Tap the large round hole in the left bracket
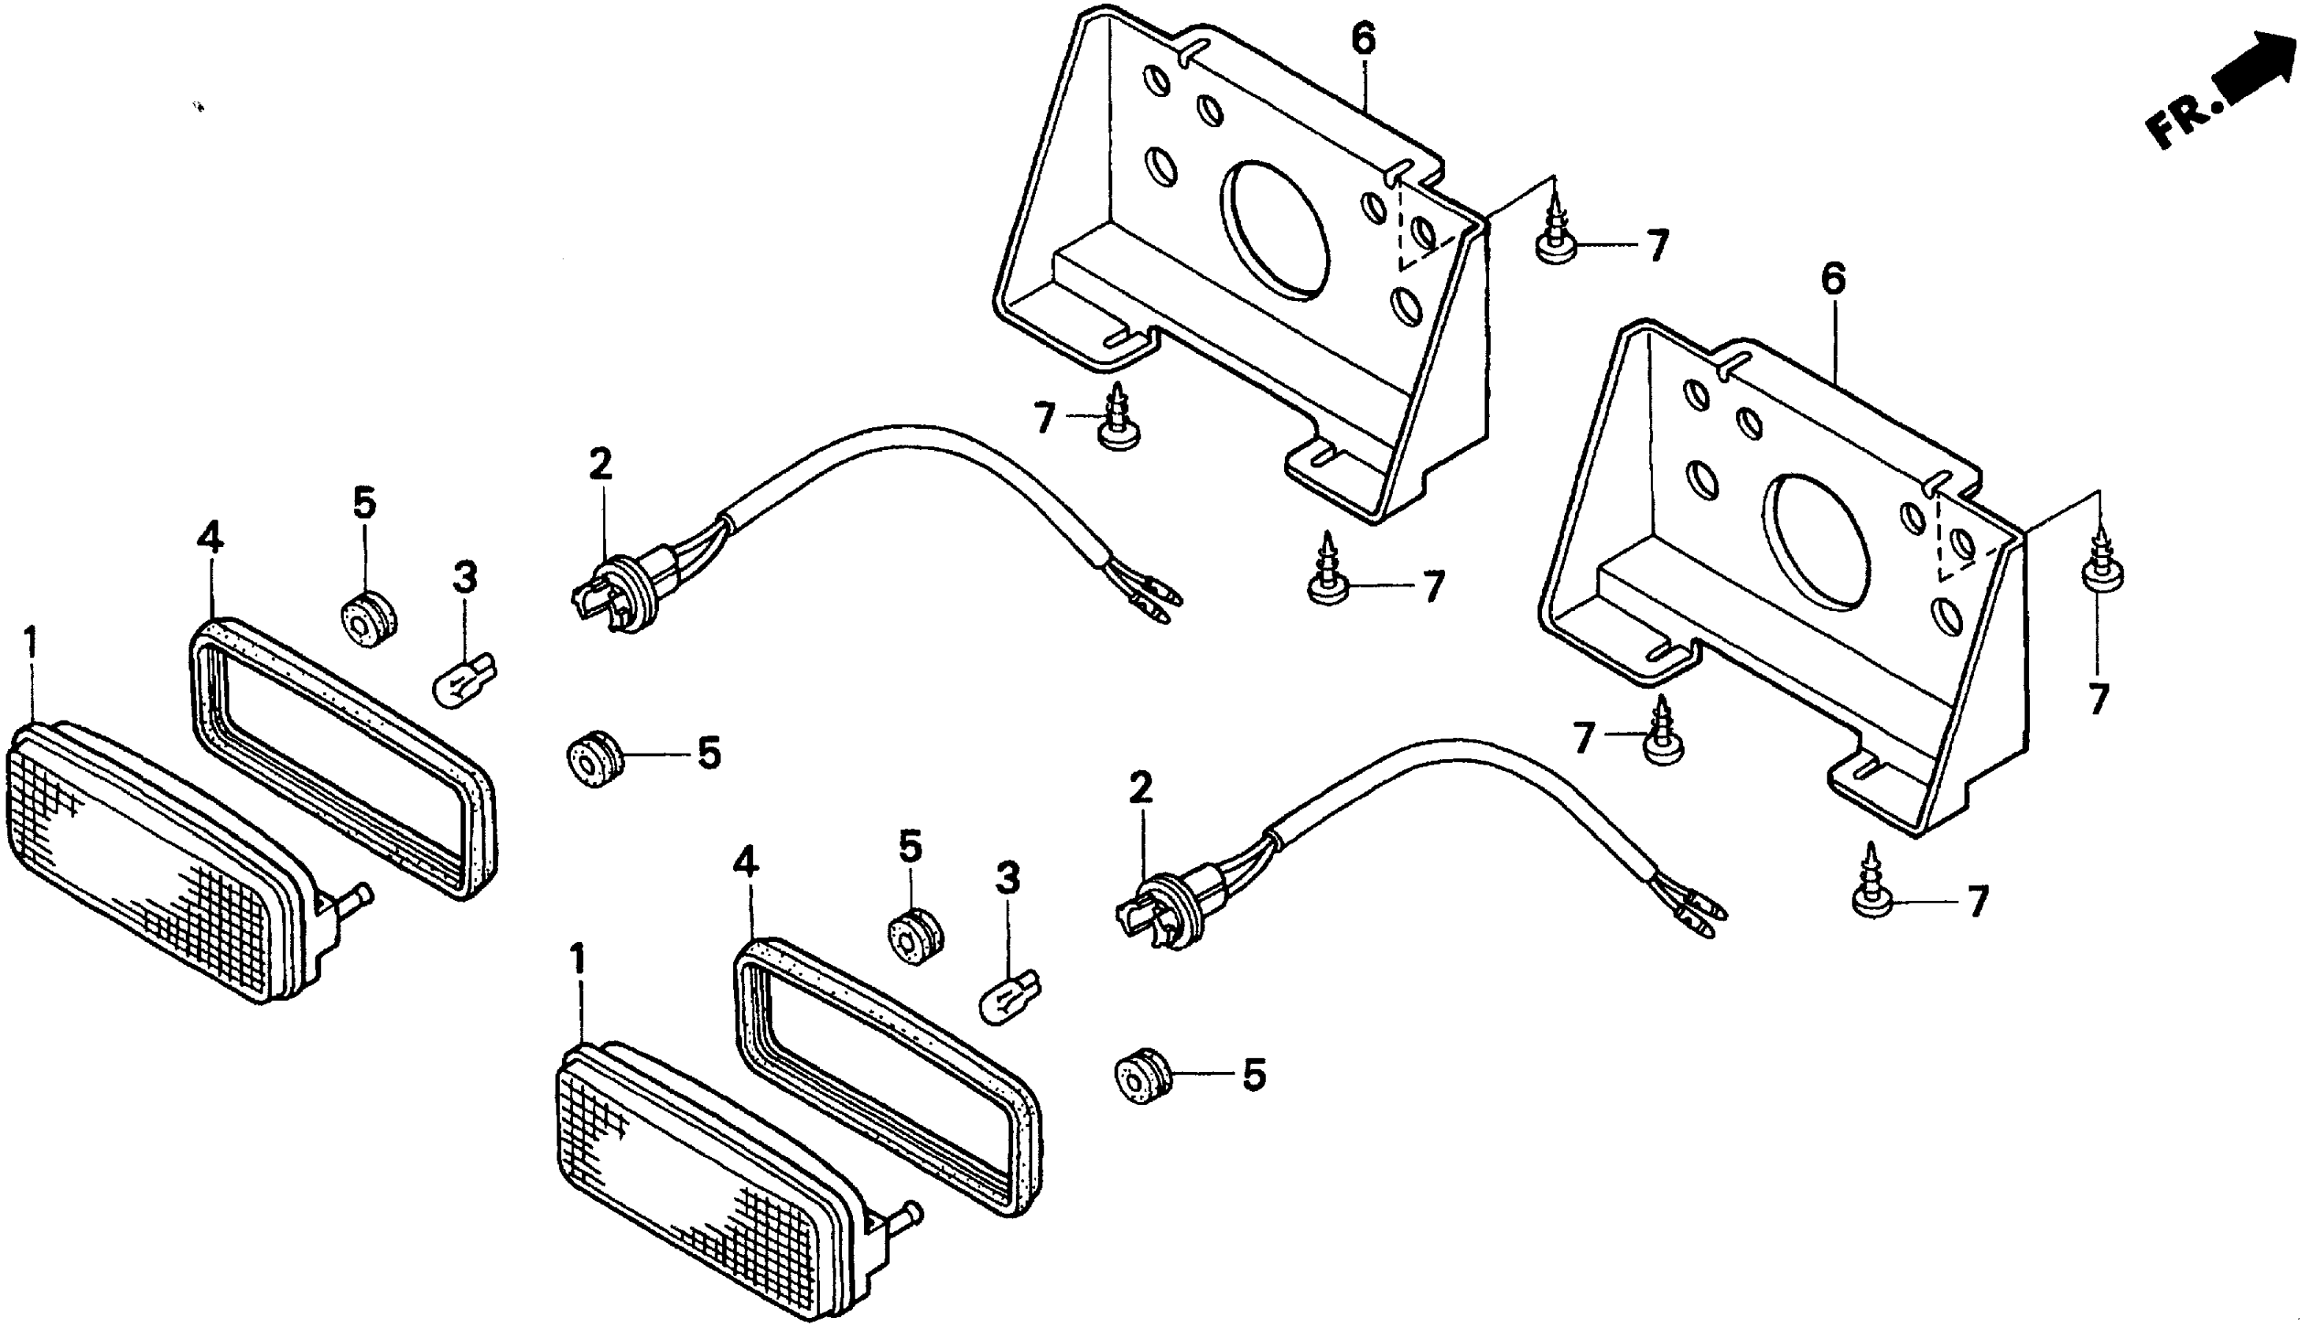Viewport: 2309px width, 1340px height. [x=1275, y=230]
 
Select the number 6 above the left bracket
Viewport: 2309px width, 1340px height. [x=1364, y=39]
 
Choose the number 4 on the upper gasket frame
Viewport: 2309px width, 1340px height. [x=210, y=538]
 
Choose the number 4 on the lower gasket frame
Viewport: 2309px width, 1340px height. [x=747, y=862]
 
